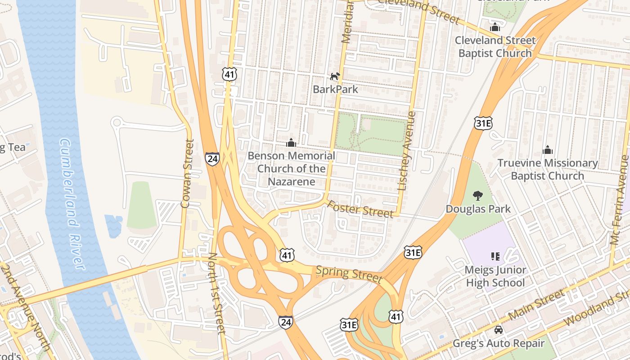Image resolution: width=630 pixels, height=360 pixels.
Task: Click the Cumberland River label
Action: [x=72, y=205]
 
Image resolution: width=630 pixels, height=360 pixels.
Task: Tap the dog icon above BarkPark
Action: [x=335, y=76]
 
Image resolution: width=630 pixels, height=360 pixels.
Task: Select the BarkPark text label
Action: [x=335, y=89]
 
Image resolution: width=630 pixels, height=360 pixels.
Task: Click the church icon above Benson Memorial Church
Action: [x=291, y=143]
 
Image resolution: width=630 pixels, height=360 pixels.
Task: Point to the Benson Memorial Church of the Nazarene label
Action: [x=292, y=169]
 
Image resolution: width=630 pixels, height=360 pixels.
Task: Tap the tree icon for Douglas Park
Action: [x=478, y=196]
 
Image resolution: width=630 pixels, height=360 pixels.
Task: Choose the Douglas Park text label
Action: [x=478, y=209]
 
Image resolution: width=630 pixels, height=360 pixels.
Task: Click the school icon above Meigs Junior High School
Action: [x=495, y=256]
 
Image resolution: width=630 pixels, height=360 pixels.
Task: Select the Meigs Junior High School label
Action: [x=495, y=276]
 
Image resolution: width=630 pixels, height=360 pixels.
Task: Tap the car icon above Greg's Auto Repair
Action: [x=499, y=330]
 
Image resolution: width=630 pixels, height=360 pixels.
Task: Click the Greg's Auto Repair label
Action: [x=499, y=343]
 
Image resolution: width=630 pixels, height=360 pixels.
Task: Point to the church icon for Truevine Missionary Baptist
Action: [x=548, y=150]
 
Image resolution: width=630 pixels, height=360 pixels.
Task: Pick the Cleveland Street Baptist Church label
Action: [x=495, y=47]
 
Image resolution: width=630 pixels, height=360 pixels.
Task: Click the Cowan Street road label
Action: [x=187, y=174]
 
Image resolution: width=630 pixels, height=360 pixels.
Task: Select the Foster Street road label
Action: [x=360, y=209]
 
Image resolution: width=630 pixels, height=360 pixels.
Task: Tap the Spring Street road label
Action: [x=349, y=274]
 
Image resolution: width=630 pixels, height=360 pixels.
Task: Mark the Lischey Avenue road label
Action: [x=406, y=153]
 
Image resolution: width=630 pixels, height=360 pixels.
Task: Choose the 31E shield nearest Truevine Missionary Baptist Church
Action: [x=483, y=123]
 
